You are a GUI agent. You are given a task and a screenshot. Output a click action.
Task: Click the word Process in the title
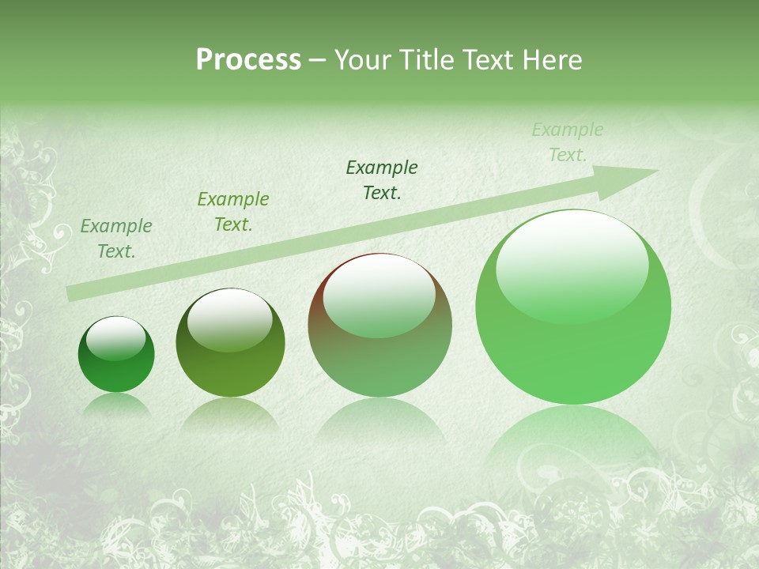point(248,60)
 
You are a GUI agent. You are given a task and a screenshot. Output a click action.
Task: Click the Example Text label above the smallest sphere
point(116,239)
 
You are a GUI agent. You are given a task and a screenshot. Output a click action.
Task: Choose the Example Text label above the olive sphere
point(233,212)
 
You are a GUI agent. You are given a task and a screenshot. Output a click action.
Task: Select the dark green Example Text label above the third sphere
point(382,179)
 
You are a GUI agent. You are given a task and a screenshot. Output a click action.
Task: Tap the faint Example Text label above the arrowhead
point(568,142)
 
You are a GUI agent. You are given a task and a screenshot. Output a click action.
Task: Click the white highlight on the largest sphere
point(572,265)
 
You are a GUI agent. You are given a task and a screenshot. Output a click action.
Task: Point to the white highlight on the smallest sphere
point(116,338)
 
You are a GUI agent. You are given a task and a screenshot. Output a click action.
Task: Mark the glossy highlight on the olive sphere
point(229,319)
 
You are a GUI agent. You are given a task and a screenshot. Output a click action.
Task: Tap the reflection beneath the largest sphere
point(573,443)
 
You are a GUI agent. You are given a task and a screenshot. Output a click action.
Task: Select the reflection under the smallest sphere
point(116,405)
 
